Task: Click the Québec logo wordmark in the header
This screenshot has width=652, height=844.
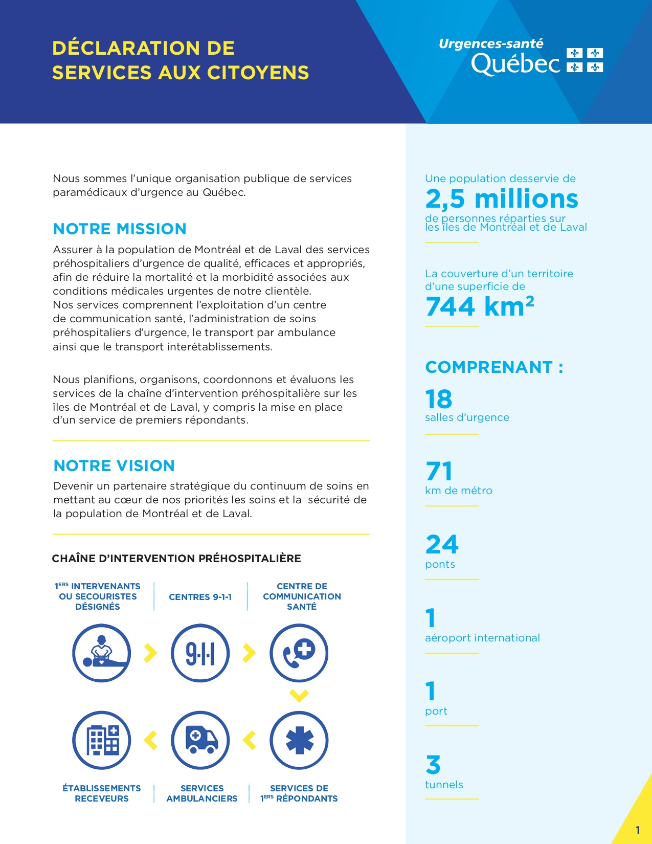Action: click(515, 64)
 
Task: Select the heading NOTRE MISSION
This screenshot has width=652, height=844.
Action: click(120, 229)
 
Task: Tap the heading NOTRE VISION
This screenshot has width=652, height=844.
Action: click(114, 465)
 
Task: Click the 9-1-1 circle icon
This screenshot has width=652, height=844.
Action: click(200, 653)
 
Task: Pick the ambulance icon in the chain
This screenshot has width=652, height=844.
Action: click(200, 740)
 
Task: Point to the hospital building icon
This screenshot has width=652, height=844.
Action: click(102, 740)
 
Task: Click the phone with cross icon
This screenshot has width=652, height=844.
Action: click(299, 653)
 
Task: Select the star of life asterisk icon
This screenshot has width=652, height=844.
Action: click(299, 740)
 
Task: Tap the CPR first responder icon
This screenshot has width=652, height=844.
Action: click(102, 653)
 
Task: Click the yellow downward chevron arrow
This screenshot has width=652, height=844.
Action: click(299, 696)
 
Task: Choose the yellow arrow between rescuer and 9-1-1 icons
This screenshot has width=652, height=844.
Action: click(150, 653)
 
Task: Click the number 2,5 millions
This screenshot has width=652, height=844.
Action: click(501, 198)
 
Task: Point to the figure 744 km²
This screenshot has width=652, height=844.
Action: click(479, 306)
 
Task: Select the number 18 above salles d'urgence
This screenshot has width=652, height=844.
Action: click(439, 399)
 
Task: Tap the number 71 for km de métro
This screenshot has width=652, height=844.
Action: click(439, 471)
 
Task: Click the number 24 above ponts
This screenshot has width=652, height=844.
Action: click(442, 544)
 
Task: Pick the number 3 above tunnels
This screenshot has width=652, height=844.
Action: click(433, 765)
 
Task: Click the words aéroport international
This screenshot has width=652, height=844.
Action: click(482, 638)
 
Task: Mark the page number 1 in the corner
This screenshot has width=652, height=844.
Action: click(638, 830)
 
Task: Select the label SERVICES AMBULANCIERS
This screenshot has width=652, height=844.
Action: click(202, 793)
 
